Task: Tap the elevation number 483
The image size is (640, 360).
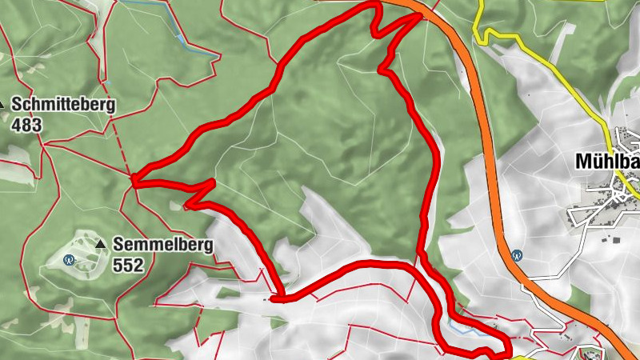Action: coord(26,125)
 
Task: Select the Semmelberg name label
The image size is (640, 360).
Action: coord(163,244)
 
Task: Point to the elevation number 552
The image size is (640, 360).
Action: coord(128,265)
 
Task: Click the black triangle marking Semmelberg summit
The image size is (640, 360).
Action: coord(101,243)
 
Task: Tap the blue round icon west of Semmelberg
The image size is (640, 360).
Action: coord(69,259)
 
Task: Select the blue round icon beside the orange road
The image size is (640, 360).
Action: coord(518,256)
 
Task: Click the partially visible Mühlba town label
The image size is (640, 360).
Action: coord(607,162)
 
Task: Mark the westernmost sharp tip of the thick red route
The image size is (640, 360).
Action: coord(134,181)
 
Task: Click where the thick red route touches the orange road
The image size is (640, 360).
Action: coord(421,15)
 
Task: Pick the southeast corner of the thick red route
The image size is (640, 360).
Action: coord(507,349)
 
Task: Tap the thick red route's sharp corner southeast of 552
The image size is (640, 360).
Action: coord(274,299)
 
